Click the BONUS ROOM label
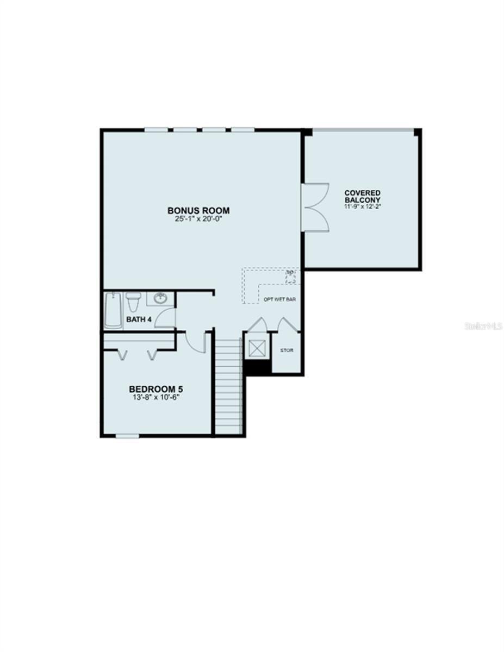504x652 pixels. click(x=198, y=210)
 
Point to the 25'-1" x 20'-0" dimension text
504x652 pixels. click(x=198, y=219)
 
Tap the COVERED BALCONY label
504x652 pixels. click(x=362, y=196)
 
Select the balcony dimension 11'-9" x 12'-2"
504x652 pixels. click(x=362, y=206)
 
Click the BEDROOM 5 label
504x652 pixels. click(x=155, y=389)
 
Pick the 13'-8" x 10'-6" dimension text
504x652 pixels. click(x=155, y=397)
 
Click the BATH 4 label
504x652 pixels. click(x=139, y=319)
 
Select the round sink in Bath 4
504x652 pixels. click(x=160, y=298)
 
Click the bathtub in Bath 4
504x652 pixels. click(x=114, y=310)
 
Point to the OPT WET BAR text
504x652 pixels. click(x=279, y=299)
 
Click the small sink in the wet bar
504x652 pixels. click(x=291, y=277)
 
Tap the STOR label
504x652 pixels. click(x=287, y=350)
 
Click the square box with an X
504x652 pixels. click(x=256, y=348)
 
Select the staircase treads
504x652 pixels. click(x=229, y=386)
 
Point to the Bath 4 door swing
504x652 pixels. click(x=166, y=317)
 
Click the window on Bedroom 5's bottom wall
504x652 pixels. click(x=127, y=436)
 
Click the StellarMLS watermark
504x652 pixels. click(x=483, y=327)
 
